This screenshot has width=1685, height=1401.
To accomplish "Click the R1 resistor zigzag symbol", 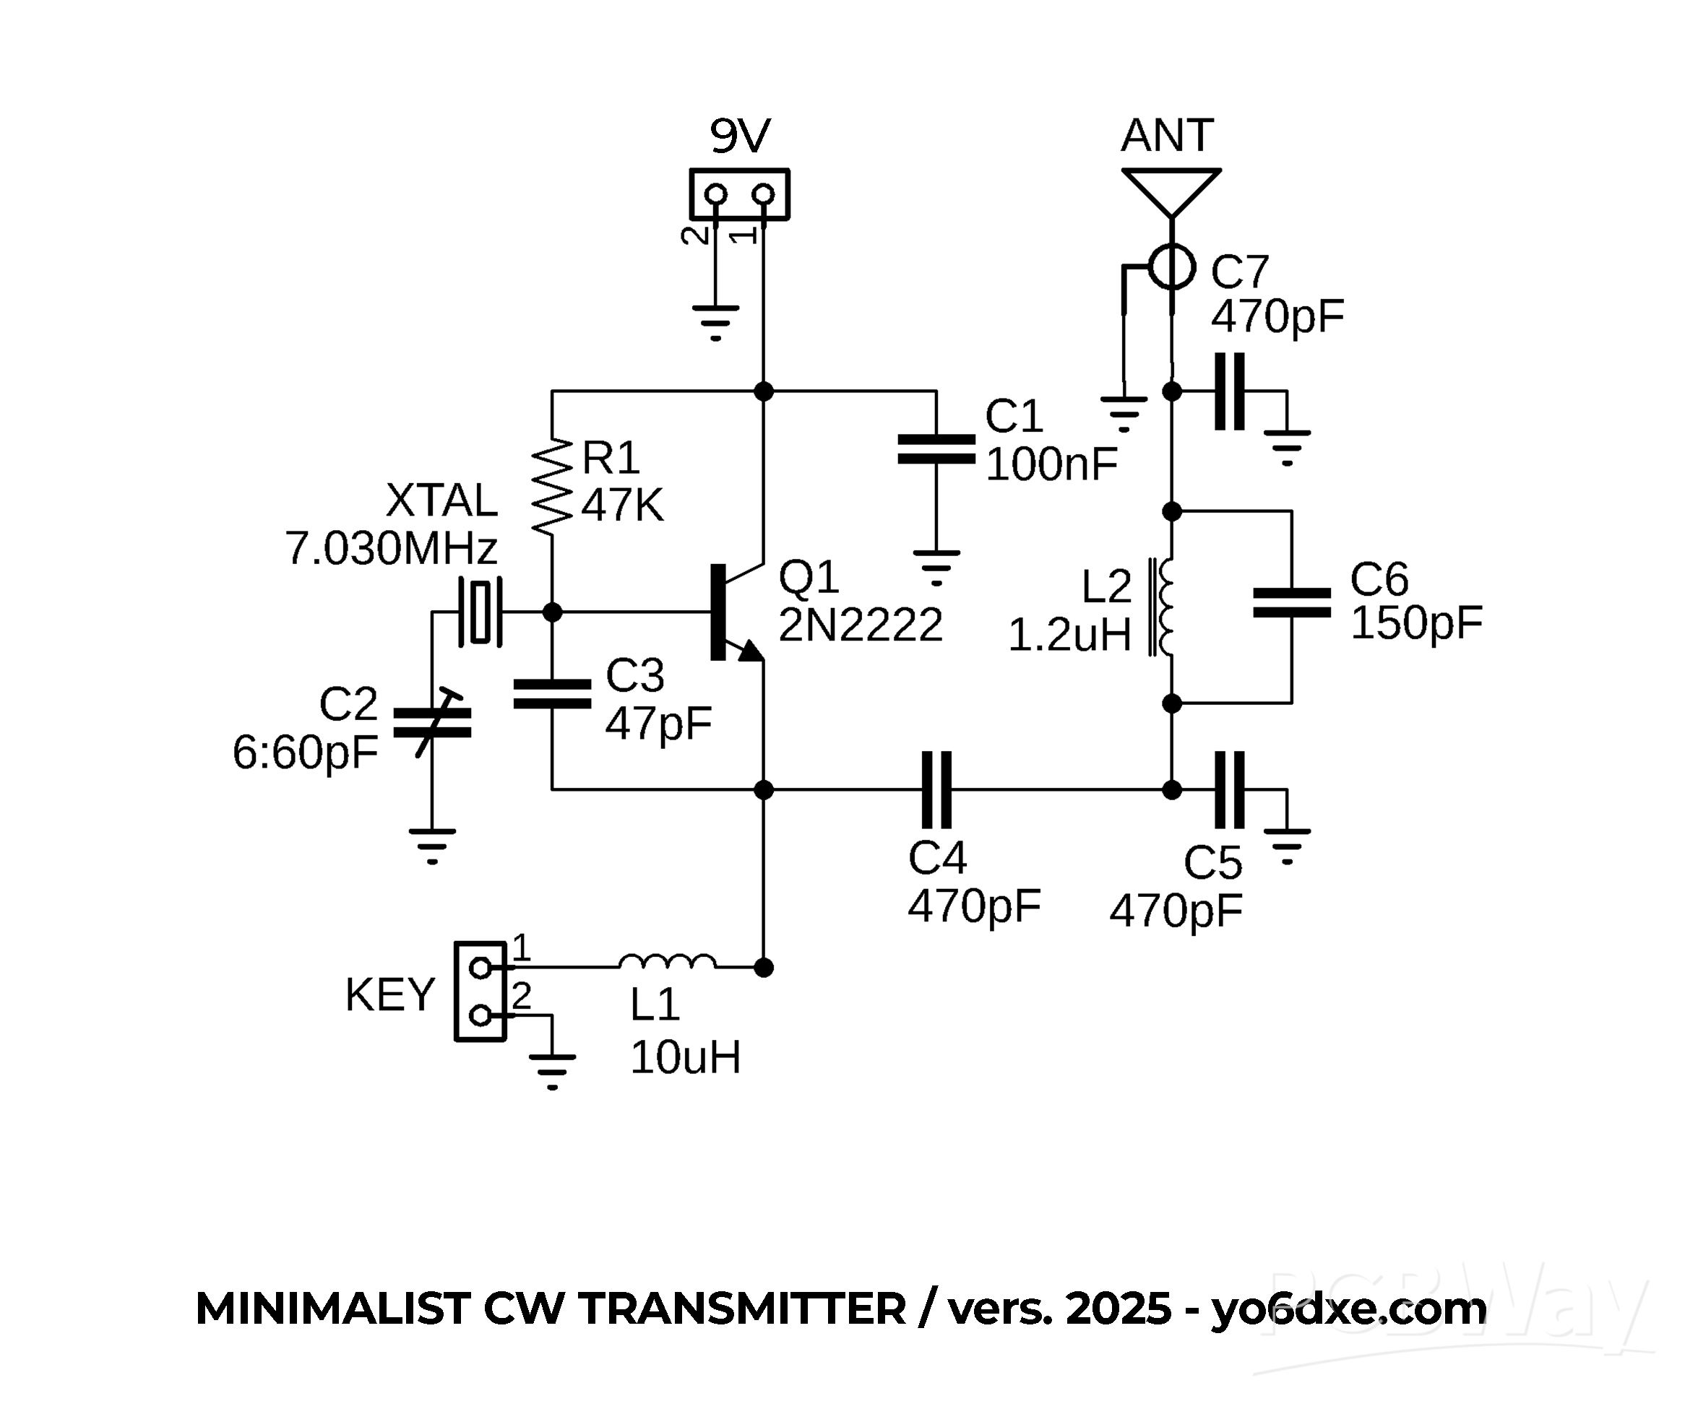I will click(x=552, y=486).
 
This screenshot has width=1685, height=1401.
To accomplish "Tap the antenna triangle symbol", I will click(x=1171, y=189).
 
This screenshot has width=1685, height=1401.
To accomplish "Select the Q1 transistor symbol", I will click(x=734, y=612).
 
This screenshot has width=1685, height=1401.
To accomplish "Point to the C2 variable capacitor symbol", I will click(x=431, y=723).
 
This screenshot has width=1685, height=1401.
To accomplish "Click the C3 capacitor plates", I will click(x=552, y=694).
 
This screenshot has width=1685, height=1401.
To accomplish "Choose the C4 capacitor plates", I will click(x=936, y=789).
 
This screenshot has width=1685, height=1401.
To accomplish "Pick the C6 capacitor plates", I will click(x=1292, y=603).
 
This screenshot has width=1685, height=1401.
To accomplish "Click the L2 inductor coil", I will click(x=1164, y=607).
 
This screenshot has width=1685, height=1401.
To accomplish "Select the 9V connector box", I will click(x=739, y=194).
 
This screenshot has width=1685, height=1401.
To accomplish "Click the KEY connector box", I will click(x=480, y=992).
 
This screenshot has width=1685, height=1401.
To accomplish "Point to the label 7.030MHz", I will click(x=392, y=550).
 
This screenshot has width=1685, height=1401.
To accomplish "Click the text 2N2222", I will click(x=860, y=625).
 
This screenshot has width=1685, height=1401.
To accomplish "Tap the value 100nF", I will click(x=1051, y=464).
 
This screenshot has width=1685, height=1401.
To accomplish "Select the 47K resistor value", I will click(x=623, y=506).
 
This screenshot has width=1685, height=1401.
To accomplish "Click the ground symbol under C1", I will click(x=936, y=566).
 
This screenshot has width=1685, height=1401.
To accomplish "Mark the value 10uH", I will click(x=685, y=1057).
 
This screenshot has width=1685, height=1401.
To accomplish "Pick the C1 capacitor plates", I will click(x=936, y=449).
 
